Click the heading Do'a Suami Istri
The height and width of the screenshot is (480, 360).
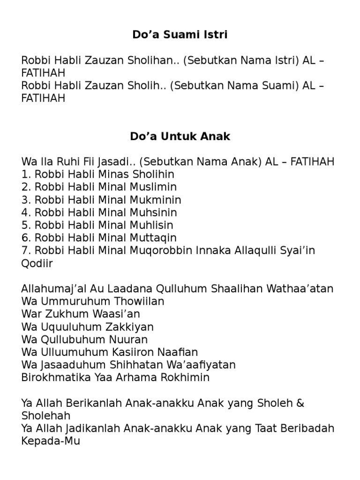click(180, 35)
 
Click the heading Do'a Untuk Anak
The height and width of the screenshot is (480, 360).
click(180, 137)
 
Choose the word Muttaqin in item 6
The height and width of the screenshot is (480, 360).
click(152, 238)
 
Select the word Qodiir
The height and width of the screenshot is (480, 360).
click(37, 263)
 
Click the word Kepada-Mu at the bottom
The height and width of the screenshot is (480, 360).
click(51, 441)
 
